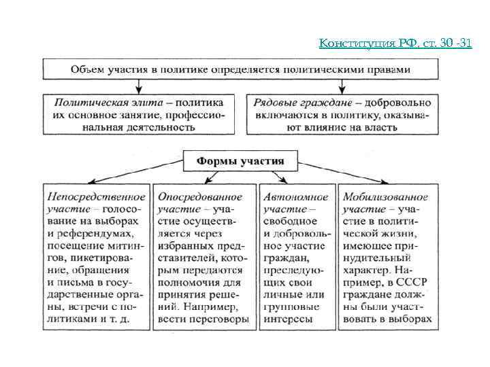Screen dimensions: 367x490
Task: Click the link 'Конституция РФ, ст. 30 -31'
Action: (395, 43)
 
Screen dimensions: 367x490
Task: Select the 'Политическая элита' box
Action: (138, 114)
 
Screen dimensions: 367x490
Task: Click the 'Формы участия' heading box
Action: (240, 160)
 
